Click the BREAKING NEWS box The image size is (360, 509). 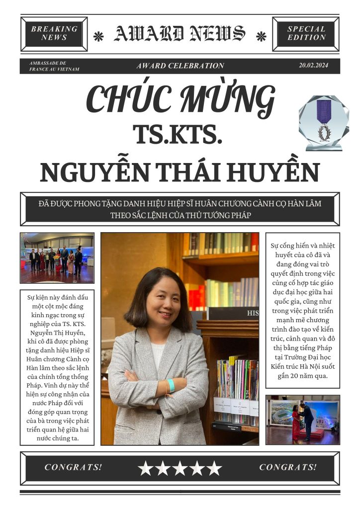click(54, 33)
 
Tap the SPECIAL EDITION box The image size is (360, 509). click(306, 33)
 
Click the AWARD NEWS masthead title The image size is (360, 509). click(180, 34)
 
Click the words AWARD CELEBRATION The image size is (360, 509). click(180, 66)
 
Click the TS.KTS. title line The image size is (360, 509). click(177, 134)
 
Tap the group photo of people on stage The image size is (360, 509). click(57, 258)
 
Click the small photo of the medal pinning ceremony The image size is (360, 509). click(302, 419)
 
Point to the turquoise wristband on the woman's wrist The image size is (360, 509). click(171, 385)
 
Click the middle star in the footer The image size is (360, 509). click(180, 468)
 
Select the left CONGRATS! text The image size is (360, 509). click(73, 467)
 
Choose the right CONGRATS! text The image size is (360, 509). click(288, 467)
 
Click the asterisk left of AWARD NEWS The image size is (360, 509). click(99, 36)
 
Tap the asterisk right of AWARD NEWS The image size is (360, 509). click(261, 36)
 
